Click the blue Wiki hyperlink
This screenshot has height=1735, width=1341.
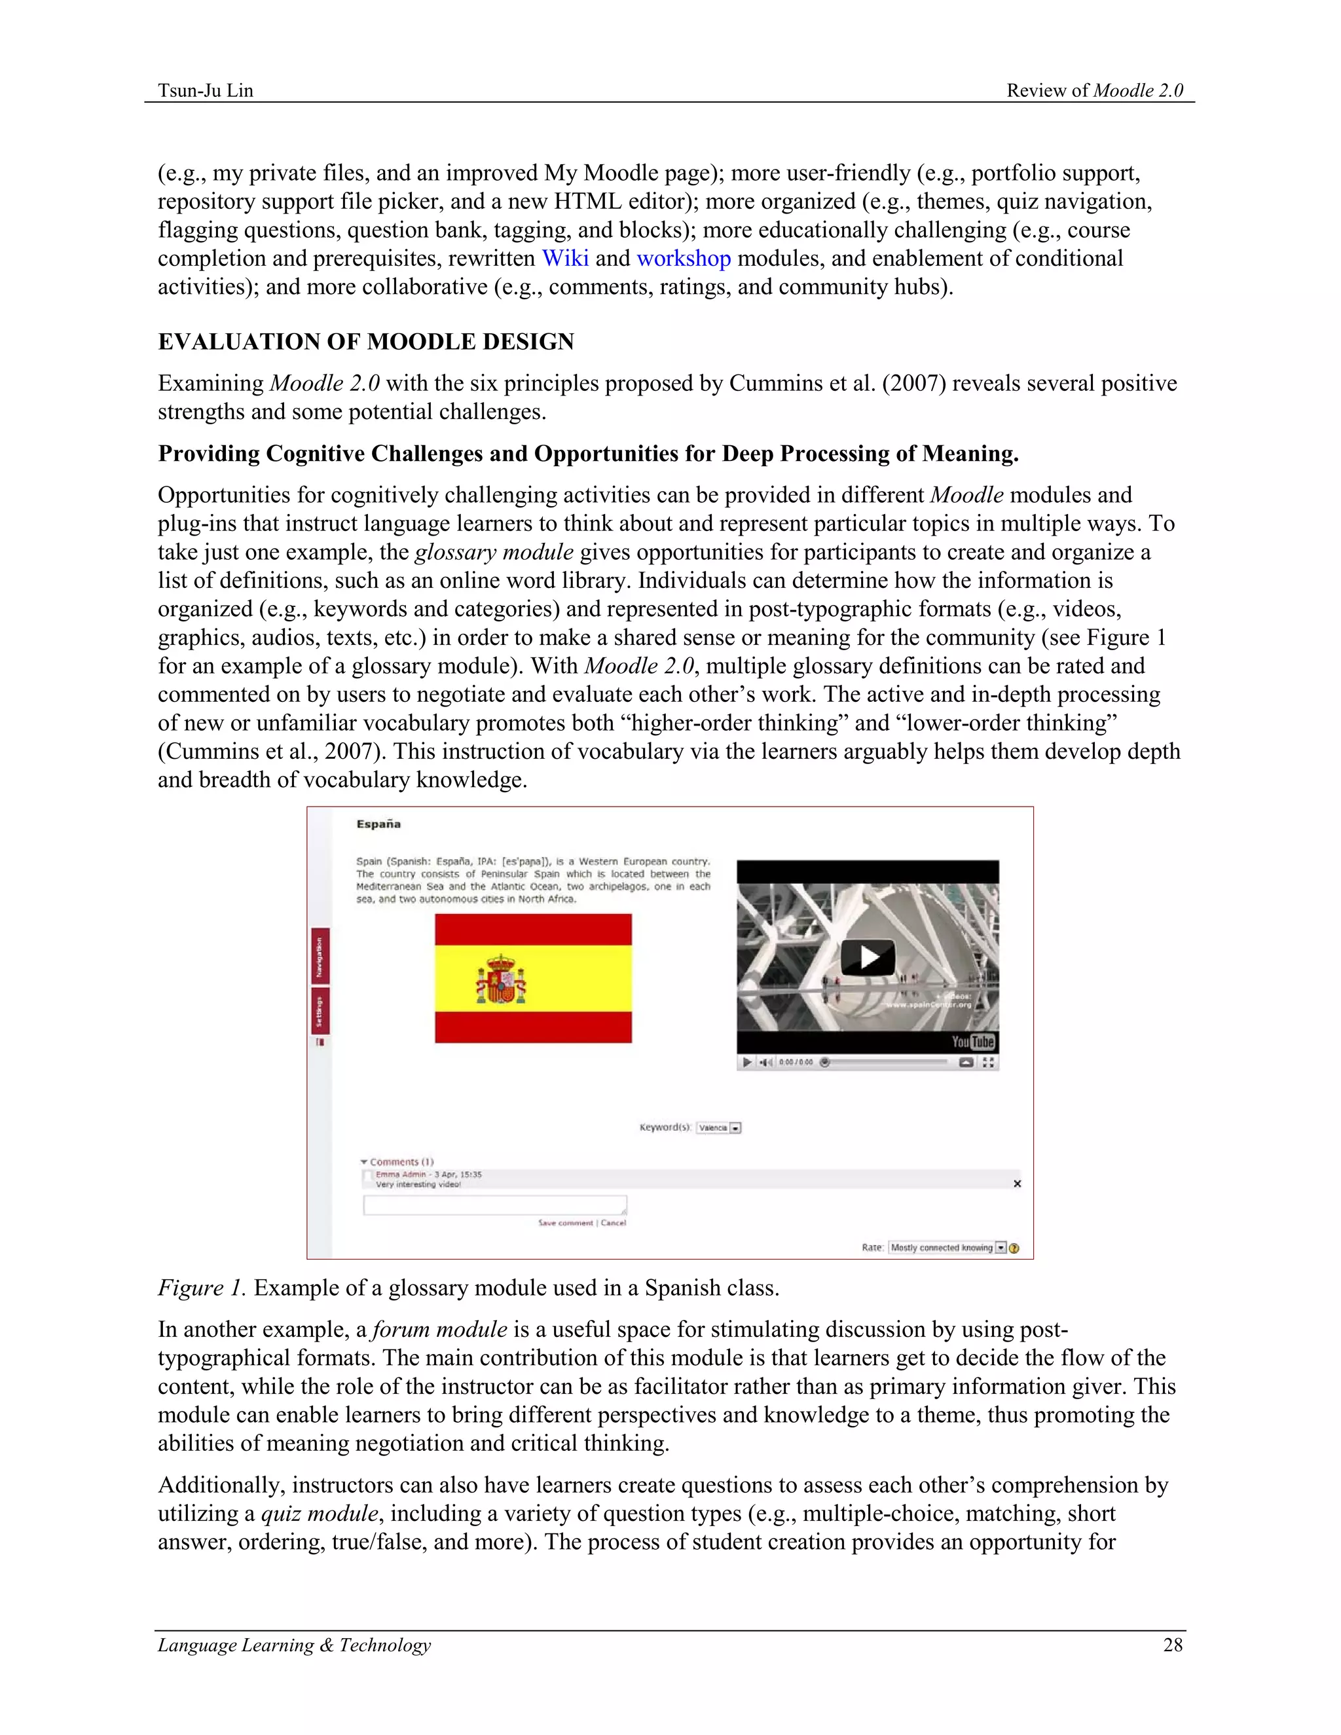click(x=565, y=259)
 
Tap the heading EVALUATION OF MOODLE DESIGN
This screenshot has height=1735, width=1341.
click(x=366, y=342)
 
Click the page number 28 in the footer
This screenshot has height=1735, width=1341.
click(x=1173, y=1645)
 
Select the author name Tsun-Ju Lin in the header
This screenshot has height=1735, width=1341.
click(x=206, y=90)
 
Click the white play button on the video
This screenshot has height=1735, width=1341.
click(x=868, y=957)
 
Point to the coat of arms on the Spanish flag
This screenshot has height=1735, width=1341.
click(x=500, y=979)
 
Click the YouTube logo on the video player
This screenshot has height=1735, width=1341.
click(x=973, y=1042)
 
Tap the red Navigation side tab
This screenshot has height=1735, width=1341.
click(x=320, y=956)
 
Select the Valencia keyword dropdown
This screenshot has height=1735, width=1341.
click(x=718, y=1127)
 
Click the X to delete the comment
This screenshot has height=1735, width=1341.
click(x=1017, y=1184)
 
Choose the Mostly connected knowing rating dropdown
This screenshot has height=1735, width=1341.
click(x=947, y=1248)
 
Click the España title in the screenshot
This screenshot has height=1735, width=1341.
click(x=378, y=824)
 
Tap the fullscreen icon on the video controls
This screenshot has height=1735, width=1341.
click(x=988, y=1062)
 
